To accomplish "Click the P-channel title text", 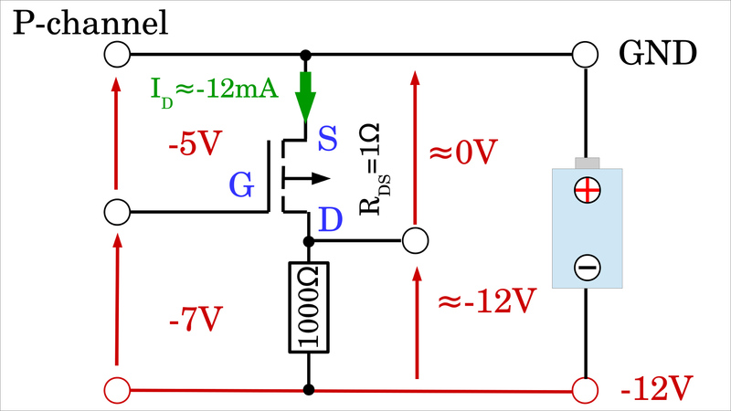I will click(x=90, y=22).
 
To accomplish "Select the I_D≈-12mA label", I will click(x=214, y=90).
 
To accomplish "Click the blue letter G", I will click(x=241, y=186).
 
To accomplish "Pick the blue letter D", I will click(x=330, y=220).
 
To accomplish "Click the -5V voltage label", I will click(x=194, y=146).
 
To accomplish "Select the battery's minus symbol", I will click(x=586, y=267).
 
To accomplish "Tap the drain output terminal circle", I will click(x=416, y=242).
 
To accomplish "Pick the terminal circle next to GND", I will click(x=586, y=55).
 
